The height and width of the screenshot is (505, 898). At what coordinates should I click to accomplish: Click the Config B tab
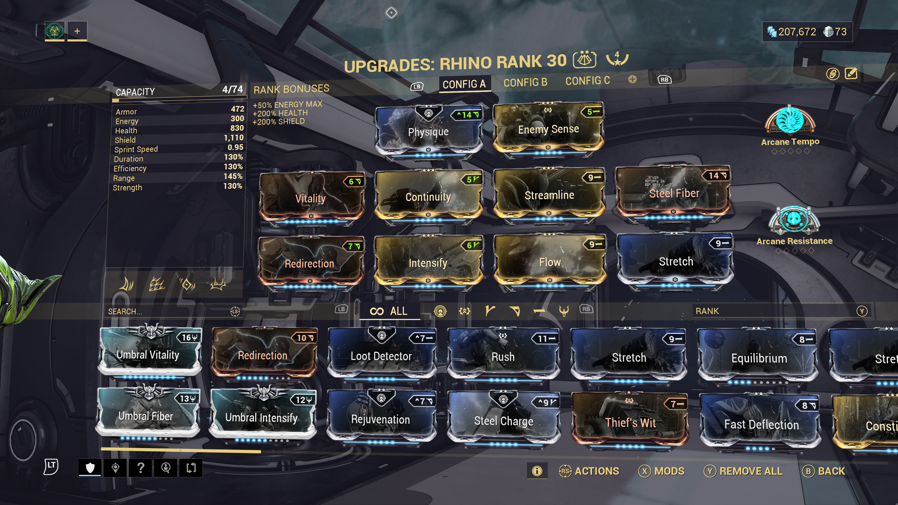tap(525, 83)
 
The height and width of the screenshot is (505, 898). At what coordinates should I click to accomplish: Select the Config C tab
tap(587, 81)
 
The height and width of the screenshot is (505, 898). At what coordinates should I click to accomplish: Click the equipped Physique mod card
tap(428, 132)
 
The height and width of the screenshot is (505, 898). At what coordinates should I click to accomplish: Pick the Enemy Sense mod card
tap(548, 129)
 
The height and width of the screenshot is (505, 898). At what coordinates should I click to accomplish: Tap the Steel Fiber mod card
tap(674, 193)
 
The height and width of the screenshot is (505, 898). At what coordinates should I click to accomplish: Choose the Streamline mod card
tap(549, 195)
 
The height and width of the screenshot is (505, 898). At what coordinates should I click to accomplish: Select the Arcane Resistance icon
tap(794, 220)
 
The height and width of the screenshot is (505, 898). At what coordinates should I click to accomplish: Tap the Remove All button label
tap(751, 471)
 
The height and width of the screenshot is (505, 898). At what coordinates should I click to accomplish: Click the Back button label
tap(831, 471)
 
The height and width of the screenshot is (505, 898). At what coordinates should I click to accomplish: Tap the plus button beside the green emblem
tap(77, 31)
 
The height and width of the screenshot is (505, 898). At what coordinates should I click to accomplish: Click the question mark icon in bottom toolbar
tap(141, 468)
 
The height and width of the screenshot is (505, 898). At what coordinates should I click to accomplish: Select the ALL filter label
tap(398, 311)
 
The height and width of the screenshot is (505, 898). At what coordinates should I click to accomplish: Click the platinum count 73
tap(840, 32)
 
